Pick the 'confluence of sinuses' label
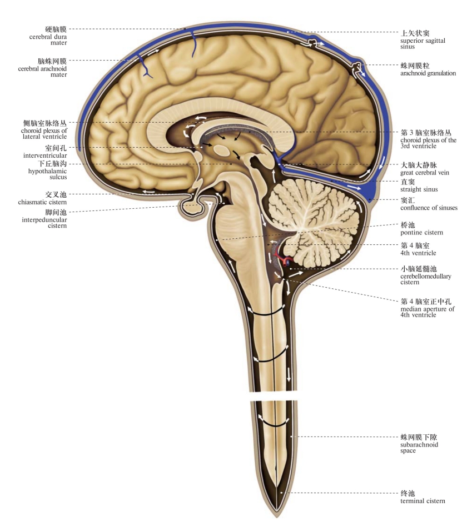[429, 208]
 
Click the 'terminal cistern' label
[423, 501]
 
